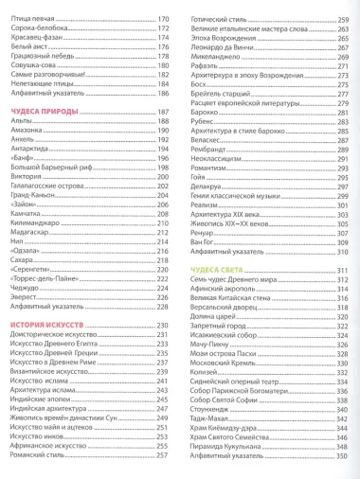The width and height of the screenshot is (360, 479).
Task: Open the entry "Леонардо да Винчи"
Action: pyautogui.click(x=216, y=44)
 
